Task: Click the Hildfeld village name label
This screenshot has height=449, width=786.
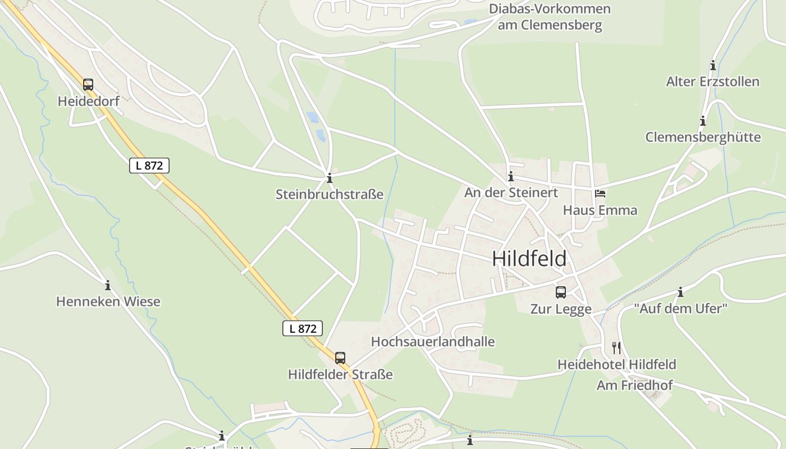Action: click(x=529, y=259)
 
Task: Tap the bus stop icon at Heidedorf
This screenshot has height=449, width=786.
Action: click(x=88, y=85)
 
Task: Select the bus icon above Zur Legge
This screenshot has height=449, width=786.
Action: click(x=560, y=292)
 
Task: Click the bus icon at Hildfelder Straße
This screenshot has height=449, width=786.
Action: click(x=340, y=358)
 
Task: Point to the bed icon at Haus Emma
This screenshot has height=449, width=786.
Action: click(x=600, y=194)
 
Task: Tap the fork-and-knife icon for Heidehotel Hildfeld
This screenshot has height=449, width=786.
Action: click(x=616, y=347)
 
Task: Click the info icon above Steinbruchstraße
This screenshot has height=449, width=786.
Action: click(x=330, y=178)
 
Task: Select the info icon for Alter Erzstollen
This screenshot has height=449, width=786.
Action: click(x=713, y=65)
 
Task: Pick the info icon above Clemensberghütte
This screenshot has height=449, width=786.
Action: click(x=702, y=121)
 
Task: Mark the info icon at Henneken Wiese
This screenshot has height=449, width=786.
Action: click(x=108, y=285)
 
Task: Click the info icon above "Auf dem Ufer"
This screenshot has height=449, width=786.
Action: click(x=680, y=292)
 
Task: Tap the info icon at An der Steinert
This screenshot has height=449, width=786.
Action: click(x=510, y=177)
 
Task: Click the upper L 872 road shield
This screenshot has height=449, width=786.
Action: click(x=149, y=166)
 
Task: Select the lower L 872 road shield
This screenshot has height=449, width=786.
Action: click(x=303, y=328)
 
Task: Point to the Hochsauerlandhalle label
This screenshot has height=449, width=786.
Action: click(x=433, y=342)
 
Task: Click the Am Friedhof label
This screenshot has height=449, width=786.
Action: click(x=634, y=386)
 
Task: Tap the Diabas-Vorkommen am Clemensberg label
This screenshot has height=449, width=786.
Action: click(x=550, y=17)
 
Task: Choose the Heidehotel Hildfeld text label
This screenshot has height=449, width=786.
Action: click(x=616, y=364)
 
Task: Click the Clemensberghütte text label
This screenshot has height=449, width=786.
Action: click(x=703, y=137)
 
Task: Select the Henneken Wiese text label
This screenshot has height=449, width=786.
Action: click(x=108, y=301)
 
